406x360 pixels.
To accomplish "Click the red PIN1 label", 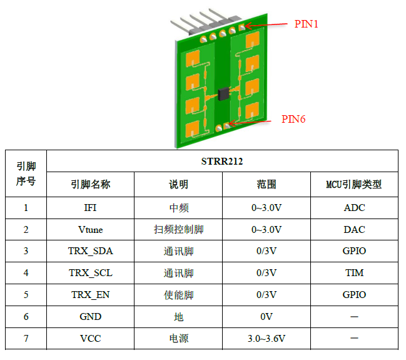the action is (x=306, y=24).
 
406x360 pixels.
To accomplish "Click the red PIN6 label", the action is (x=293, y=119).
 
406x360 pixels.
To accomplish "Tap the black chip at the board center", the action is (x=224, y=93).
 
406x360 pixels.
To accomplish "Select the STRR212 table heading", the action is (x=222, y=161).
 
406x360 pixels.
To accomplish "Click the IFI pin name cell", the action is (x=90, y=208).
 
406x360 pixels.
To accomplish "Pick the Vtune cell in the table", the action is (x=90, y=230).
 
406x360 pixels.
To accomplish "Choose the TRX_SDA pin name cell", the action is (x=90, y=251).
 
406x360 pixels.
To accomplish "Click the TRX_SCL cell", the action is (x=90, y=272).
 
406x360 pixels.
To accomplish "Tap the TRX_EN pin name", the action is (x=90, y=295).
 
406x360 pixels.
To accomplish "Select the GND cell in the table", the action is (x=90, y=316).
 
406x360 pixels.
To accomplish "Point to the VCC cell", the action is (x=90, y=339).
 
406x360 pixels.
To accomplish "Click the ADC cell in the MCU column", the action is (x=354, y=208).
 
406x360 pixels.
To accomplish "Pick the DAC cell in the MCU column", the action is (x=354, y=230).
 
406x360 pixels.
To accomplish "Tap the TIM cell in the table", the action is (x=354, y=272).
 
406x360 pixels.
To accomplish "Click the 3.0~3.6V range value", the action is (x=266, y=339).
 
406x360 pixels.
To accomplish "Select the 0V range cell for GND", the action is (x=266, y=316).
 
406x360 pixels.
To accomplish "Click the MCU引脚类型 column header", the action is (x=353, y=184).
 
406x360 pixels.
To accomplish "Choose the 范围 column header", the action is (x=266, y=184).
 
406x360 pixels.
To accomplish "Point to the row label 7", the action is (x=26, y=339).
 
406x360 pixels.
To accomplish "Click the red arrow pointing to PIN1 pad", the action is (x=266, y=25).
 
